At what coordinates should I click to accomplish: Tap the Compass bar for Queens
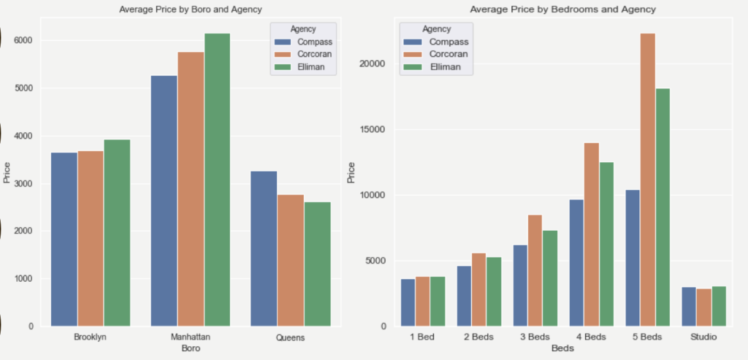pos(264,248)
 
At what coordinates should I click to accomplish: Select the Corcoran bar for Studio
pos(704,307)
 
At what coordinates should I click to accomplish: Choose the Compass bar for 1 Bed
pos(408,302)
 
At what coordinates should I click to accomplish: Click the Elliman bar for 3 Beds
pos(549,278)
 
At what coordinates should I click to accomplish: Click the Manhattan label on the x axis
pos(190,337)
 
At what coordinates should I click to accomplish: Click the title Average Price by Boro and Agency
pos(190,9)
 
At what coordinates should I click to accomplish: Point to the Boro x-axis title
pos(190,348)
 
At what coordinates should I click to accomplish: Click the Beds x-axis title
pos(562,348)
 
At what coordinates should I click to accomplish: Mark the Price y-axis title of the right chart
pos(351,172)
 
